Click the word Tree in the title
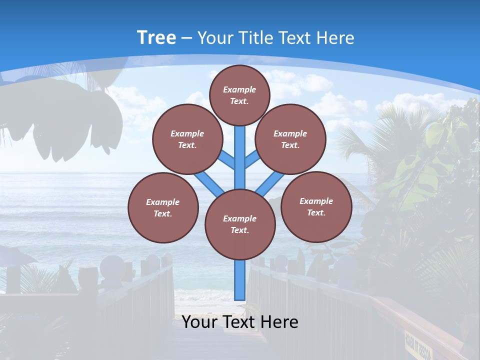tap(156, 37)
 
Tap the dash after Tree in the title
tap(186, 38)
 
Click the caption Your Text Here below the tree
tap(240, 322)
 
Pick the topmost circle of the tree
tap(239, 95)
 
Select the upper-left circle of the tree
tap(187, 139)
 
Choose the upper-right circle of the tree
tap(290, 139)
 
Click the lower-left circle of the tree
tap(163, 207)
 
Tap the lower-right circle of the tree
tap(316, 206)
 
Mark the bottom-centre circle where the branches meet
tap(240, 224)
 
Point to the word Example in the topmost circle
tap(239, 89)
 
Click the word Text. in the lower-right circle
tap(316, 212)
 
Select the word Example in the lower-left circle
tap(162, 202)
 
